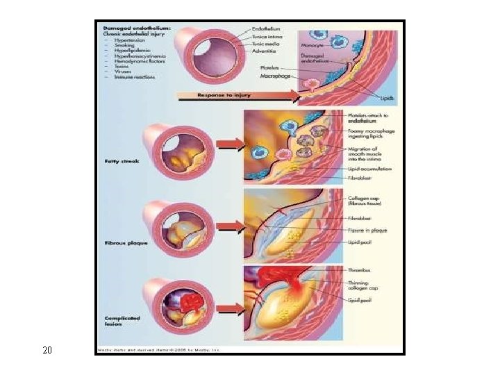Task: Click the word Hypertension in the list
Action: (x=130, y=40)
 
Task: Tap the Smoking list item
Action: (x=126, y=46)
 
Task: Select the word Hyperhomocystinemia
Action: (x=139, y=57)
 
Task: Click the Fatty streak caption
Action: (x=121, y=161)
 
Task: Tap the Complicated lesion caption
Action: (x=122, y=322)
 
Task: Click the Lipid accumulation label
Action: (x=369, y=169)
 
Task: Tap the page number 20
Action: (x=47, y=349)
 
